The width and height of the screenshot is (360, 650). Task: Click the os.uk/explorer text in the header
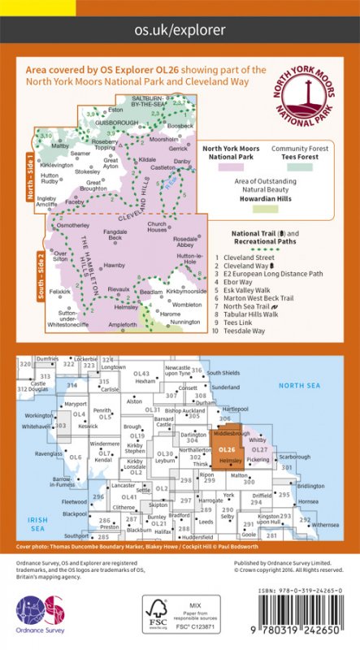(x=180, y=30)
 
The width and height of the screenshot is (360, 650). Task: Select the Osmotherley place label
(x=72, y=223)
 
